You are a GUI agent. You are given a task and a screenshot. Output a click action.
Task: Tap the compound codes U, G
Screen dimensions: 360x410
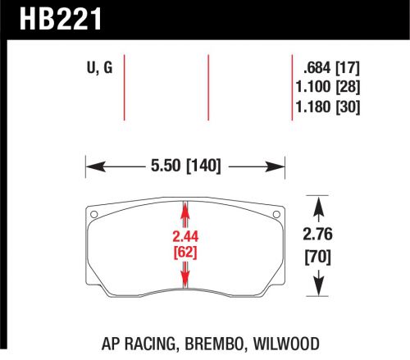tap(101, 69)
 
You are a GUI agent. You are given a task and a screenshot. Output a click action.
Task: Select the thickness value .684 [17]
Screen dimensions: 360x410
tap(330, 68)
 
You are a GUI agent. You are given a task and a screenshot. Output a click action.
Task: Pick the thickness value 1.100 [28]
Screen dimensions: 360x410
tap(330, 88)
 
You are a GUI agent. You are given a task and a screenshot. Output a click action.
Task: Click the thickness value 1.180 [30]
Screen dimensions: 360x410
tap(330, 107)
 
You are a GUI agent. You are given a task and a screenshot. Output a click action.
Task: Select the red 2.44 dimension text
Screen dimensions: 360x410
tap(186, 237)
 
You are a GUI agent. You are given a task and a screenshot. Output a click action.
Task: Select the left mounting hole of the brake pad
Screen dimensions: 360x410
tap(93, 216)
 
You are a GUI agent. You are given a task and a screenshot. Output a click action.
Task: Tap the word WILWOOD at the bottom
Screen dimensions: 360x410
tap(287, 345)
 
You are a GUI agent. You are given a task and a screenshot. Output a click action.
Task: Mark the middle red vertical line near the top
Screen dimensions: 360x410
tap(210, 86)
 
